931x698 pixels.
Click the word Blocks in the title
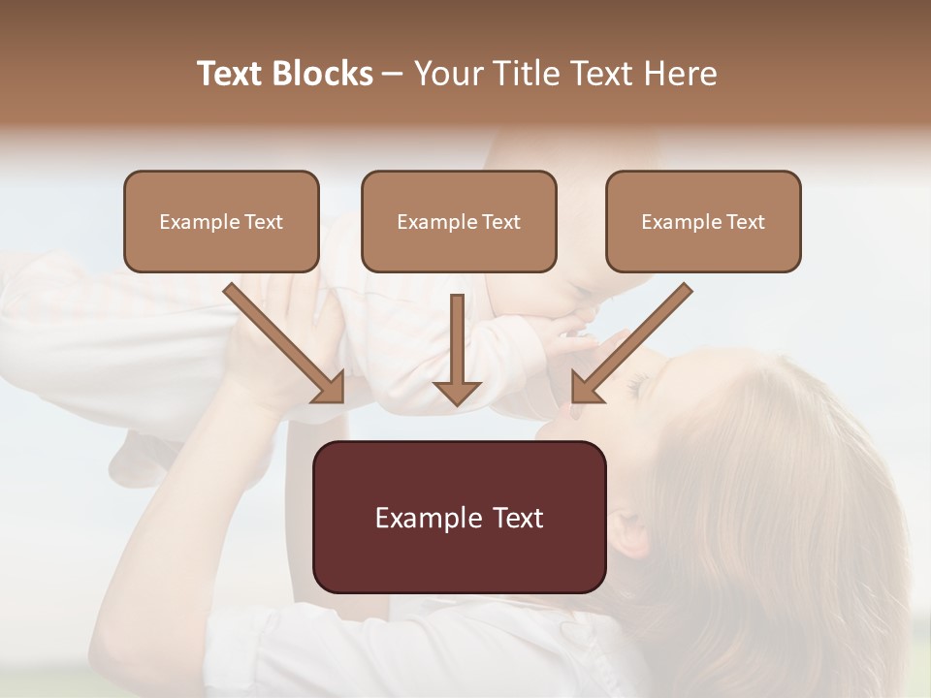click(325, 74)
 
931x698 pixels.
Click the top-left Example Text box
click(221, 221)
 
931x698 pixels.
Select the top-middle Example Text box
click(459, 221)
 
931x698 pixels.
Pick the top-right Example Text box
click(703, 221)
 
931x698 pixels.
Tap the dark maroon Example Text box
click(459, 517)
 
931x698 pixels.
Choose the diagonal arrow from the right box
click(631, 343)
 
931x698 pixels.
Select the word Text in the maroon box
click(512, 518)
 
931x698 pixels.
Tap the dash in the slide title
click(393, 75)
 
